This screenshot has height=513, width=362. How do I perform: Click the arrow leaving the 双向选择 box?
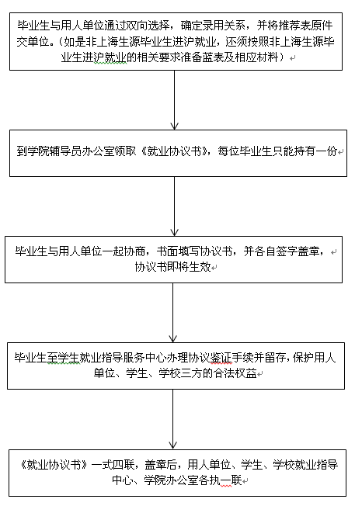(174, 100)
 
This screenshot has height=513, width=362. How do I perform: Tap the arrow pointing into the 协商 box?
(174, 206)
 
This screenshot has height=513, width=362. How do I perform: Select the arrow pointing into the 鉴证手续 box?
(173, 313)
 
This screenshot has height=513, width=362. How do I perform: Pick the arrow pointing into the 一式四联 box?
(173, 419)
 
